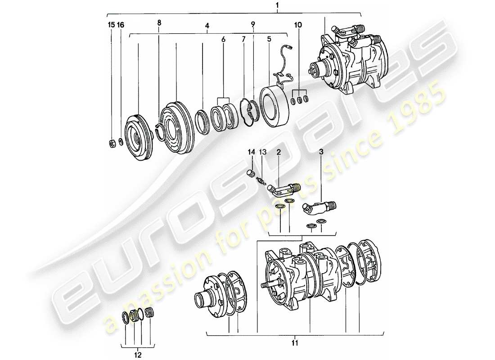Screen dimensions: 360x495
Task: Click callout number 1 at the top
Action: click(277, 5)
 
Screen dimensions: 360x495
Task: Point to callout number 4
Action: click(207, 26)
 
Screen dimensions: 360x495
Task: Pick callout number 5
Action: click(269, 39)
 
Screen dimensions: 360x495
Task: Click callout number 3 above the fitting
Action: click(321, 153)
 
